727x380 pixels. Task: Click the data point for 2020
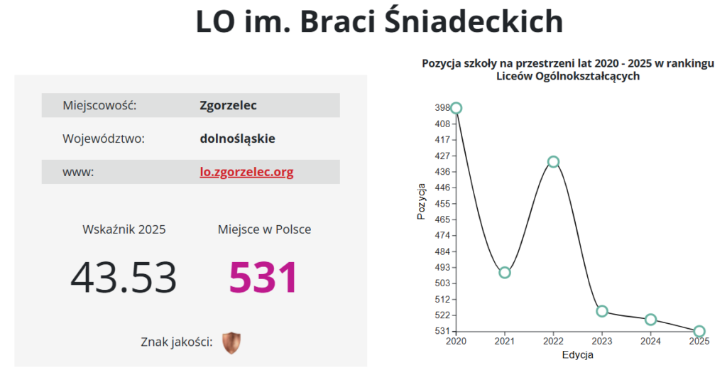457,108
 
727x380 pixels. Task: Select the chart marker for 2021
505,273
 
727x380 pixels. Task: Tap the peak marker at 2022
554,162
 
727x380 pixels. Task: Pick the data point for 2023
602,311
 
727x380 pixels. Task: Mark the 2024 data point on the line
651,320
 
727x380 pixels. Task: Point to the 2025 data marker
699,331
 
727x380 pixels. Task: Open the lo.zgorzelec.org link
246,172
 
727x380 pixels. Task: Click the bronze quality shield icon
231,343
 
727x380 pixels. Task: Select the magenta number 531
263,278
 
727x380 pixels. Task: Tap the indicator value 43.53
124,278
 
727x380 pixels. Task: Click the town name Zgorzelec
229,106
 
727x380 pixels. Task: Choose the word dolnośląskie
237,139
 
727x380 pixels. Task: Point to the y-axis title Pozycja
422,202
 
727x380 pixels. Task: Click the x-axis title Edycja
577,355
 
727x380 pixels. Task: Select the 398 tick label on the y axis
442,108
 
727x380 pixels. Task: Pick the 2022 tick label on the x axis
554,342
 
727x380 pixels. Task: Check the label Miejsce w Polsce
264,229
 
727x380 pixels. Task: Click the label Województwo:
104,139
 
